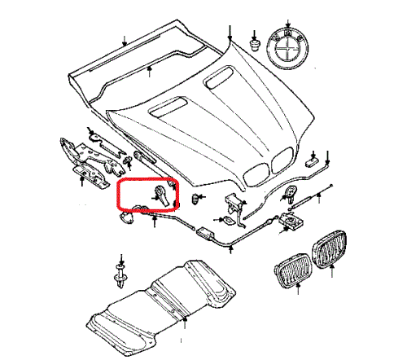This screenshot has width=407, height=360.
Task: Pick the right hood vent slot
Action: pyautogui.click(x=217, y=78)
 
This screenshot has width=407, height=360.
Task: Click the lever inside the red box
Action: pyautogui.click(x=160, y=196)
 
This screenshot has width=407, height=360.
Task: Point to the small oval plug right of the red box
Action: pyautogui.click(x=195, y=198)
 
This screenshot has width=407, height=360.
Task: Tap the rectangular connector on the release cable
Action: pyautogui.click(x=203, y=235)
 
